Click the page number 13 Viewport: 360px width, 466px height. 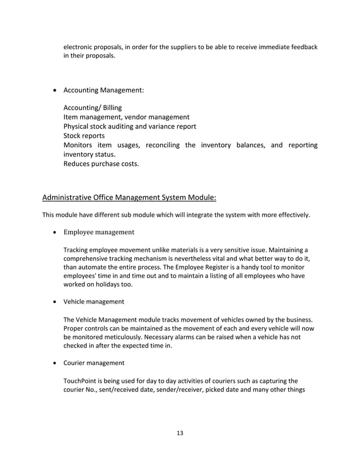pyautogui.click(x=180, y=433)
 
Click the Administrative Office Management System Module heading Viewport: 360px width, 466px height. pyautogui.click(x=129, y=197)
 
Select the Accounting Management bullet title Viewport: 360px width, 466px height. pyautogui.click(x=103, y=90)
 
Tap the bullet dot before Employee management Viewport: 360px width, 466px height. pyautogui.click(x=54, y=232)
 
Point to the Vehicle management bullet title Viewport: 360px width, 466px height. pyautogui.click(x=94, y=302)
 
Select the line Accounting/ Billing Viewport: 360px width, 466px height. pyautogui.click(x=92, y=107)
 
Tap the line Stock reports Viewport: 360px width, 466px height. pyautogui.click(x=84, y=136)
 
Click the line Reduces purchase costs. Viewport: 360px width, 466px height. pyautogui.click(x=100, y=164)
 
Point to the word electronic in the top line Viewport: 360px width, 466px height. pyautogui.click(x=78, y=46)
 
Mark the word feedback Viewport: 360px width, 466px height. pyautogui.click(x=302, y=46)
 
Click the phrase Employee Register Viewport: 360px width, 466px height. pyautogui.click(x=216, y=266)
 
